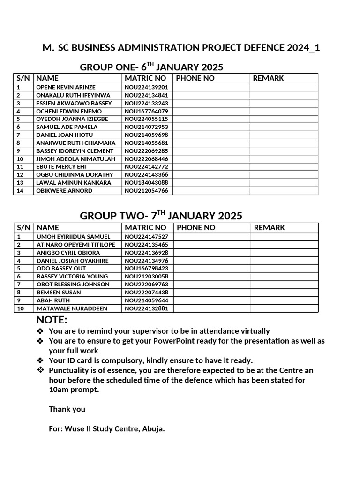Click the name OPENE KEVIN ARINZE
click(x=66, y=87)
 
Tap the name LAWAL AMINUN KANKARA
click(x=74, y=182)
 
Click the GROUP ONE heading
click(x=151, y=67)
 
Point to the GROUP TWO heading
click(x=161, y=216)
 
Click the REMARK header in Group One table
click(x=268, y=78)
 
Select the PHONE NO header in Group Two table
click(x=196, y=227)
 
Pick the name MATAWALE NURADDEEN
click(x=72, y=308)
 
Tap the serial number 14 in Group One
click(x=19, y=191)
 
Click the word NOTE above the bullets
click(x=52, y=320)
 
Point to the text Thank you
click(x=67, y=409)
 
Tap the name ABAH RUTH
click(x=53, y=300)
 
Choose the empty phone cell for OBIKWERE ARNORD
click(x=211, y=191)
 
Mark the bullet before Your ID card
click(x=40, y=360)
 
